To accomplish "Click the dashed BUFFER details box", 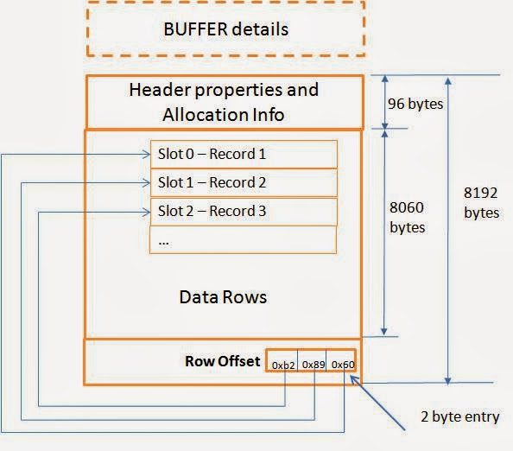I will pyautogui.click(x=225, y=29).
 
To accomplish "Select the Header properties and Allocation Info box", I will pyautogui.click(x=224, y=101).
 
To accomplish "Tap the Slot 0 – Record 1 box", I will pyautogui.click(x=243, y=155).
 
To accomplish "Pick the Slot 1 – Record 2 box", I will pyautogui.click(x=243, y=183).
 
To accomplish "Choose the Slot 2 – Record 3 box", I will pyautogui.click(x=243, y=211).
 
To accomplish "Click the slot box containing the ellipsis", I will pyautogui.click(x=243, y=239).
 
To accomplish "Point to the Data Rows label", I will pyautogui.click(x=223, y=296).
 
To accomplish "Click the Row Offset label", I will pyautogui.click(x=223, y=361).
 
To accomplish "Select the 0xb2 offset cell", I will pyautogui.click(x=283, y=365).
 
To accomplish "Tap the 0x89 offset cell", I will pyautogui.click(x=313, y=365).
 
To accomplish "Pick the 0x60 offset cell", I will pyautogui.click(x=342, y=365).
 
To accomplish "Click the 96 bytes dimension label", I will pyautogui.click(x=415, y=105).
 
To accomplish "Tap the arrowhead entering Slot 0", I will pyautogui.click(x=144, y=155).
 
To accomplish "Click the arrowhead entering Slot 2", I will pyautogui.click(x=144, y=211).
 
